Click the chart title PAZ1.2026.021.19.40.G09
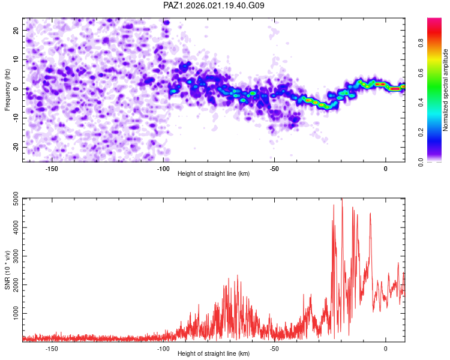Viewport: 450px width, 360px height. [x=214, y=5]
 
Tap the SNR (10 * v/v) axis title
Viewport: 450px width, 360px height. [x=7, y=269]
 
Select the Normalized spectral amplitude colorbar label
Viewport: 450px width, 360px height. [x=446, y=90]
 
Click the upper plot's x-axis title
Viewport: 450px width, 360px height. [x=214, y=174]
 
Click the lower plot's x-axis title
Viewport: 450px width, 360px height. [x=214, y=353]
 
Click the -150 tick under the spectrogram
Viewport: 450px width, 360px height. [x=51, y=169]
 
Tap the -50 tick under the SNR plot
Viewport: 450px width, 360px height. [x=274, y=348]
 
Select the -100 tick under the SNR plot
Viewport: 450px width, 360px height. [x=163, y=348]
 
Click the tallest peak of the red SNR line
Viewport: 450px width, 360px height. [x=342, y=199]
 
